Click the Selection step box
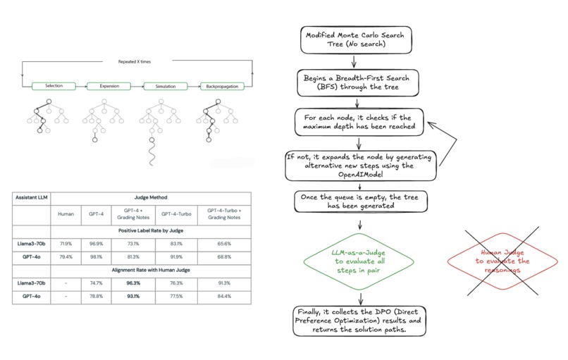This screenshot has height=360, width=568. pos(54,86)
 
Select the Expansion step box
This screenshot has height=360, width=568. pos(109,86)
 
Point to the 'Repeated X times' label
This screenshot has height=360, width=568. pos(137,62)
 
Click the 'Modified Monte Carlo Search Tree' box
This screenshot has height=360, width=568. pos(346,41)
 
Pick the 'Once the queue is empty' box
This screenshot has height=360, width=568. pos(361,202)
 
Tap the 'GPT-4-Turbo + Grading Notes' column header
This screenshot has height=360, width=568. pos(223,214)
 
